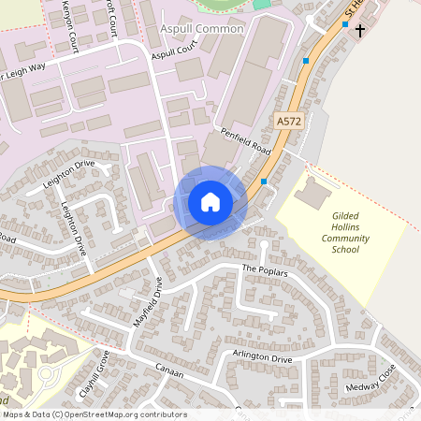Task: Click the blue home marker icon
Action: (210, 201)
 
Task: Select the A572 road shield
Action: (289, 122)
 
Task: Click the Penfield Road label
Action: (245, 141)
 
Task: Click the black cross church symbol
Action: (360, 30)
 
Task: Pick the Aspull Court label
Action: (175, 52)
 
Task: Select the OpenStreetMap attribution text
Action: (94, 414)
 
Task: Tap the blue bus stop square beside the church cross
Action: (345, 24)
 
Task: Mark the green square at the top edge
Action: (261, 4)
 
